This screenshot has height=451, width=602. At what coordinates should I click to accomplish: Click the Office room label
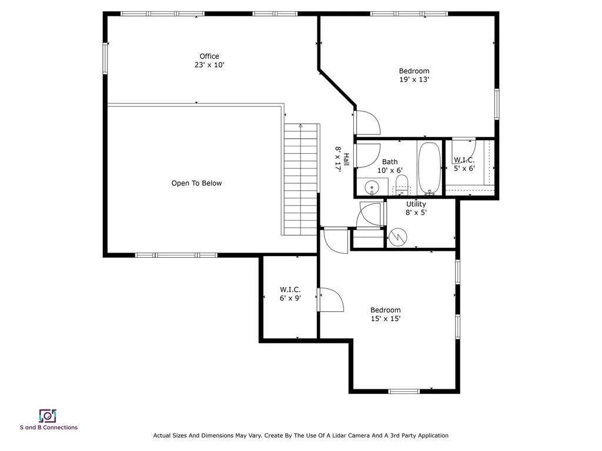click(x=209, y=56)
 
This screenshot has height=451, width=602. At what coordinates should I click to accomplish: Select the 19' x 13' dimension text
click(x=414, y=79)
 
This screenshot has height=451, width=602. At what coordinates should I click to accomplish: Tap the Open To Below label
click(x=196, y=183)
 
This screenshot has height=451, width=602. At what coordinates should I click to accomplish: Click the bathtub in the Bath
click(x=429, y=168)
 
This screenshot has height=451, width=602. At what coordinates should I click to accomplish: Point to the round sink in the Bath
click(x=371, y=188)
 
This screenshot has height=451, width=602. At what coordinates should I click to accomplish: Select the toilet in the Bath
click(x=402, y=188)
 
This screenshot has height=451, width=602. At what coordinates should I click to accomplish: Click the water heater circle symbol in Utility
click(x=396, y=237)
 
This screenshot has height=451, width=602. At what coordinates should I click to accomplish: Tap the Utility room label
click(x=416, y=204)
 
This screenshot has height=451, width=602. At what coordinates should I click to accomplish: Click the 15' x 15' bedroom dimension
click(x=386, y=319)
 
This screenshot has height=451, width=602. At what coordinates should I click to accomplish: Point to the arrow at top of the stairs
click(x=300, y=126)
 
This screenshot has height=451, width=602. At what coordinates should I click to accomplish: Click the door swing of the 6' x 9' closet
click(x=332, y=299)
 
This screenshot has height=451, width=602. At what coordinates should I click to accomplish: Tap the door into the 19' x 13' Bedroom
click(x=367, y=122)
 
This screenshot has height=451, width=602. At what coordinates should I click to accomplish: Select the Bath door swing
click(x=367, y=155)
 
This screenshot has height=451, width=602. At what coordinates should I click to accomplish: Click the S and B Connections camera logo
click(x=48, y=416)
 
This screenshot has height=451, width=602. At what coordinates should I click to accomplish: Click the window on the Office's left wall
click(x=106, y=59)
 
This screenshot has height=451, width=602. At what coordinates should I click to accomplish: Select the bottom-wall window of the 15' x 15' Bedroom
click(x=404, y=391)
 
